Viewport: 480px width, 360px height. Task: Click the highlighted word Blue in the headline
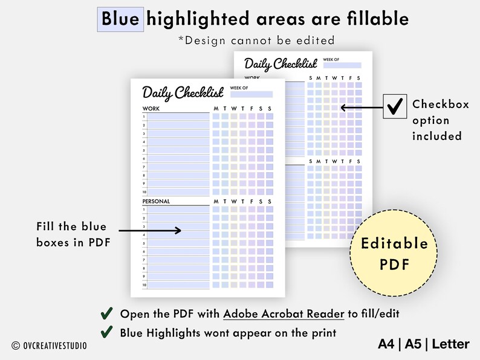(x=120, y=19)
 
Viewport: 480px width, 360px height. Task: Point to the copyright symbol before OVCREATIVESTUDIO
(x=16, y=345)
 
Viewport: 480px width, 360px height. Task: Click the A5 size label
(x=413, y=344)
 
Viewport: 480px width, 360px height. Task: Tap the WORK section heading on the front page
(x=151, y=109)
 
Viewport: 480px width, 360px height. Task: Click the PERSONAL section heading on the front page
(x=156, y=201)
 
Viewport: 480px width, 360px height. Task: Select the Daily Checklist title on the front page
(x=183, y=92)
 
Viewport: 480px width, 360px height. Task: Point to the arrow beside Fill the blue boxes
(x=150, y=230)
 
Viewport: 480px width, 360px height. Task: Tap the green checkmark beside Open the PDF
(x=106, y=313)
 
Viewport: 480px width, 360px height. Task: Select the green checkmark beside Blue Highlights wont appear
(x=106, y=331)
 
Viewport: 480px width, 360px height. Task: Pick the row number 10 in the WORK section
(x=144, y=191)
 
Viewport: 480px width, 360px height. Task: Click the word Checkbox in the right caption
(x=441, y=104)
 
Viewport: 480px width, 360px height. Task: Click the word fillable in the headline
(x=377, y=19)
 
